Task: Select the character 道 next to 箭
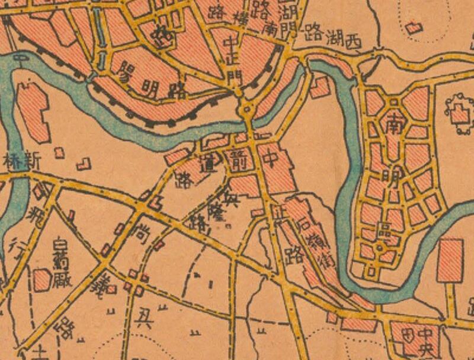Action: tap(207, 166)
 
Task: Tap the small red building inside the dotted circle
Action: tap(413, 27)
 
